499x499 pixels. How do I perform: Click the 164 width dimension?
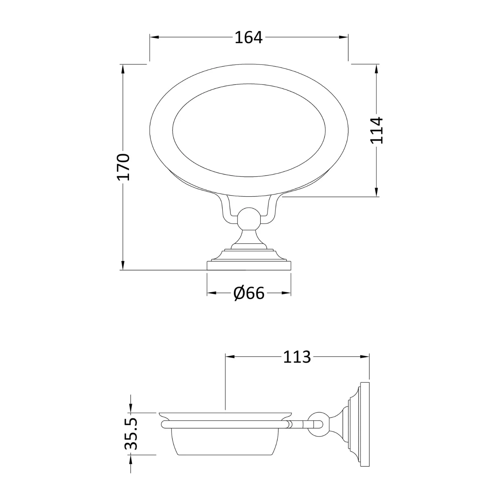click(249, 37)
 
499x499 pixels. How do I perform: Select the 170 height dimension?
click(123, 167)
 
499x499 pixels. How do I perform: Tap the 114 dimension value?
click(377, 130)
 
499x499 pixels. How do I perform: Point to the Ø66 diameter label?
click(249, 293)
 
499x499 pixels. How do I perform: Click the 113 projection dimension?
click(297, 357)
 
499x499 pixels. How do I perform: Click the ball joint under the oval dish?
click(249, 220)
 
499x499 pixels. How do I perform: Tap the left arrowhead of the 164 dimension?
click(154, 37)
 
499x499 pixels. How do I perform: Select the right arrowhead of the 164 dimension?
click(343, 37)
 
